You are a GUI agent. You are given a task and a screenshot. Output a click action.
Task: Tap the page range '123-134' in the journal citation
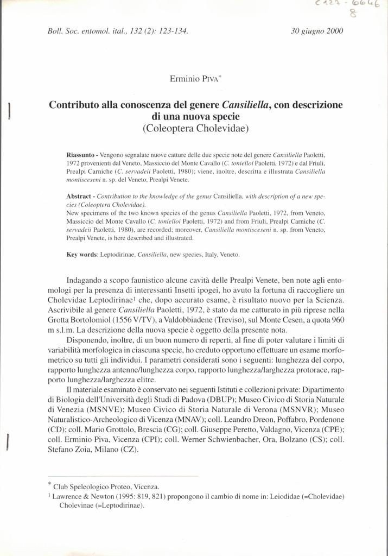(x=173, y=31)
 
